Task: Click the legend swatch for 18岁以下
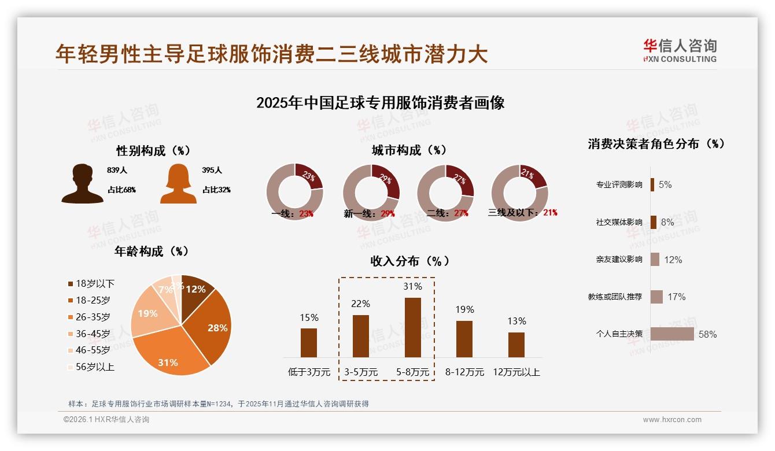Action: point(71,284)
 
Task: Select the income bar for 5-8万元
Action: point(413,327)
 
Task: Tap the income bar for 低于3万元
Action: point(309,342)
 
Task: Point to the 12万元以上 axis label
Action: point(516,372)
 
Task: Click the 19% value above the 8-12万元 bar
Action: point(464,309)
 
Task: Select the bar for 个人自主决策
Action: point(672,334)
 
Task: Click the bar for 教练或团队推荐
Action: point(656,297)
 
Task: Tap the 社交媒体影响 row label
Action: point(619,222)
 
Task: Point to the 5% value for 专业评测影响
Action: point(665,184)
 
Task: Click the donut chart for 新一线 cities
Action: point(371,192)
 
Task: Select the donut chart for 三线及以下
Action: point(519,192)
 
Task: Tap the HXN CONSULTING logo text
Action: point(680,59)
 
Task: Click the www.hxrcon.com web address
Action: point(672,420)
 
